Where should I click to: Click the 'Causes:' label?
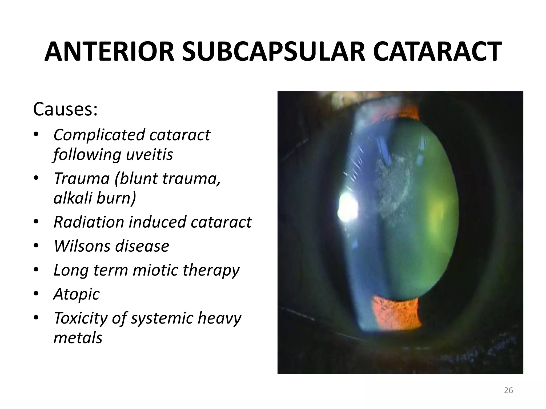(x=65, y=109)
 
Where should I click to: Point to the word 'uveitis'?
(x=150, y=154)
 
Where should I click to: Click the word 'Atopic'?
(x=77, y=294)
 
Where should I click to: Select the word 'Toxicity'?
(x=80, y=318)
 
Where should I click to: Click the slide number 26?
(x=508, y=390)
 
